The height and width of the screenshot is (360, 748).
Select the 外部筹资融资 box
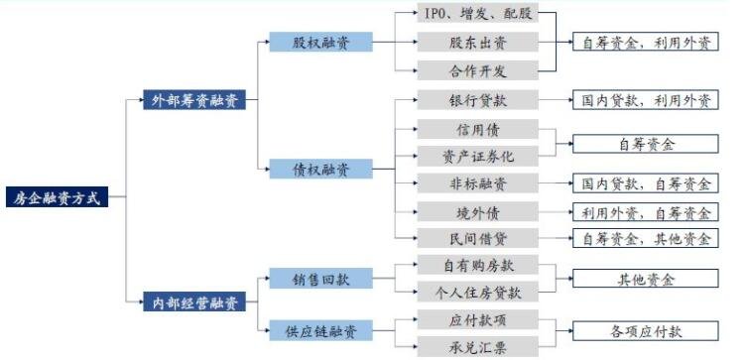tap(194, 100)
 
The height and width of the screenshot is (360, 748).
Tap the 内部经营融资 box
tap(194, 301)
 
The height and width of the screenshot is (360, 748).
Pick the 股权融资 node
tap(320, 43)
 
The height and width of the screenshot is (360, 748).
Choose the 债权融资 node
tap(320, 169)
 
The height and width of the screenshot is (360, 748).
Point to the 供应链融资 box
tap(320, 327)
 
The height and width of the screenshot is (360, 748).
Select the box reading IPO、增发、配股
tap(476, 16)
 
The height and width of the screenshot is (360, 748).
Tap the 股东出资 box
tap(476, 43)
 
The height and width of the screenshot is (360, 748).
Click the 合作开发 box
tap(476, 70)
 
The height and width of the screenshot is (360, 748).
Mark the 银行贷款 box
tap(476, 101)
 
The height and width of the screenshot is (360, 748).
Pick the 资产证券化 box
tap(476, 157)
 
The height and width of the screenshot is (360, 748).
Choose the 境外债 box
tap(476, 211)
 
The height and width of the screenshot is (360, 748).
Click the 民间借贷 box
tap(476, 238)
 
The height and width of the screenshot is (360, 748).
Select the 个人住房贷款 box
tap(476, 293)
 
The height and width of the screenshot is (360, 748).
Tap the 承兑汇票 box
tap(476, 346)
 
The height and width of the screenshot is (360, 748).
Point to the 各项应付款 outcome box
tap(646, 331)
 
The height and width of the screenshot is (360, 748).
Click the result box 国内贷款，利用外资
tap(646, 101)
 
